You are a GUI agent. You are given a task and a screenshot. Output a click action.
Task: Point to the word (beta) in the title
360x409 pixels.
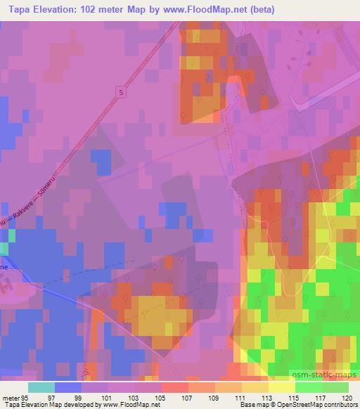(x=259, y=10)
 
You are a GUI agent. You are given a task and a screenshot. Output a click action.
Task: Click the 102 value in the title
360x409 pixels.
(x=86, y=10)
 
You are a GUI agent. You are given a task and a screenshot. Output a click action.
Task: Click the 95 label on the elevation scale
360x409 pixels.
(x=27, y=397)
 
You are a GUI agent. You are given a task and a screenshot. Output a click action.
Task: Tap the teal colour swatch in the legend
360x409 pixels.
(x=41, y=387)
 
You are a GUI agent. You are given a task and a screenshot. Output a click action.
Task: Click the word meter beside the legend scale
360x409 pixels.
(x=10, y=397)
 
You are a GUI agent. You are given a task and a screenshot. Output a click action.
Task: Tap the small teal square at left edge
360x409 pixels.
(x=3, y=248)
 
